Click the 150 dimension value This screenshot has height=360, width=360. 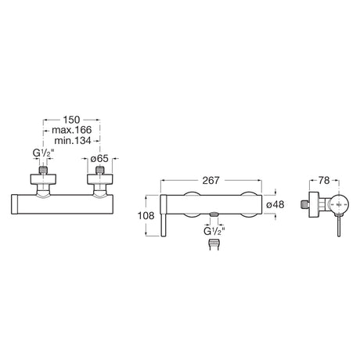pyautogui.click(x=71, y=120)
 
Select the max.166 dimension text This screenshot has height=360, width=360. pyautogui.click(x=72, y=130)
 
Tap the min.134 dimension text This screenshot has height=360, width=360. pyautogui.click(x=73, y=141)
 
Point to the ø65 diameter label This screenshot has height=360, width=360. pyautogui.click(x=99, y=158)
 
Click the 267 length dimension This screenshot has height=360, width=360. pyautogui.click(x=211, y=180)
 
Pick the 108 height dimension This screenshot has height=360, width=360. pyautogui.click(x=146, y=215)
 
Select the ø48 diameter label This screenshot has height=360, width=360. pyautogui.click(x=275, y=204)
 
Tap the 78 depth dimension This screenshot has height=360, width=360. pyautogui.click(x=324, y=180)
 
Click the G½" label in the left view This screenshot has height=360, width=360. pyautogui.click(x=43, y=153)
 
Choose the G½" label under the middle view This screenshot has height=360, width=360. pyautogui.click(x=214, y=231)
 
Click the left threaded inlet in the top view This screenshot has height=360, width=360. pyautogui.click(x=43, y=170)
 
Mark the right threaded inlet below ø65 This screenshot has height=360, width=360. pyautogui.click(x=99, y=170)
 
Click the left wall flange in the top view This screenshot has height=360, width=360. pyautogui.click(x=43, y=179)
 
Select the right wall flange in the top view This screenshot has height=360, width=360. pyautogui.click(x=100, y=179)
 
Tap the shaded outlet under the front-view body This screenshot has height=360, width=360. pyautogui.click(x=214, y=214)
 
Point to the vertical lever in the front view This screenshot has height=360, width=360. pyautogui.click(x=164, y=215)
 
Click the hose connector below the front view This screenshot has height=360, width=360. pyautogui.click(x=214, y=245)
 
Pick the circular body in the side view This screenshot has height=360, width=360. pyautogui.click(x=339, y=204)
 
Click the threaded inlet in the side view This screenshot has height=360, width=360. pyautogui.click(x=304, y=204)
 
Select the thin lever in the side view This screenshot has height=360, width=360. pyautogui.click(x=339, y=226)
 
